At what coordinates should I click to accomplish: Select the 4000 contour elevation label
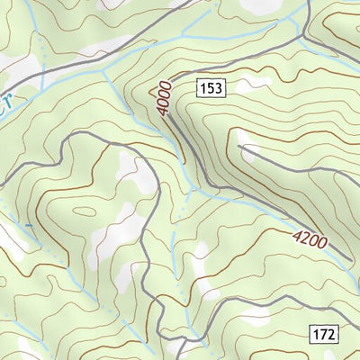tap(161, 100)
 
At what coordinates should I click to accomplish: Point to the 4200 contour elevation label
tap(309, 239)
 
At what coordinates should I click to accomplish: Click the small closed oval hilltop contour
tap(85, 212)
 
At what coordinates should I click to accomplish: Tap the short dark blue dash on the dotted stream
tap(29, 224)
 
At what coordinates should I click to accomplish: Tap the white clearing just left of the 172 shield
tap(286, 331)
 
